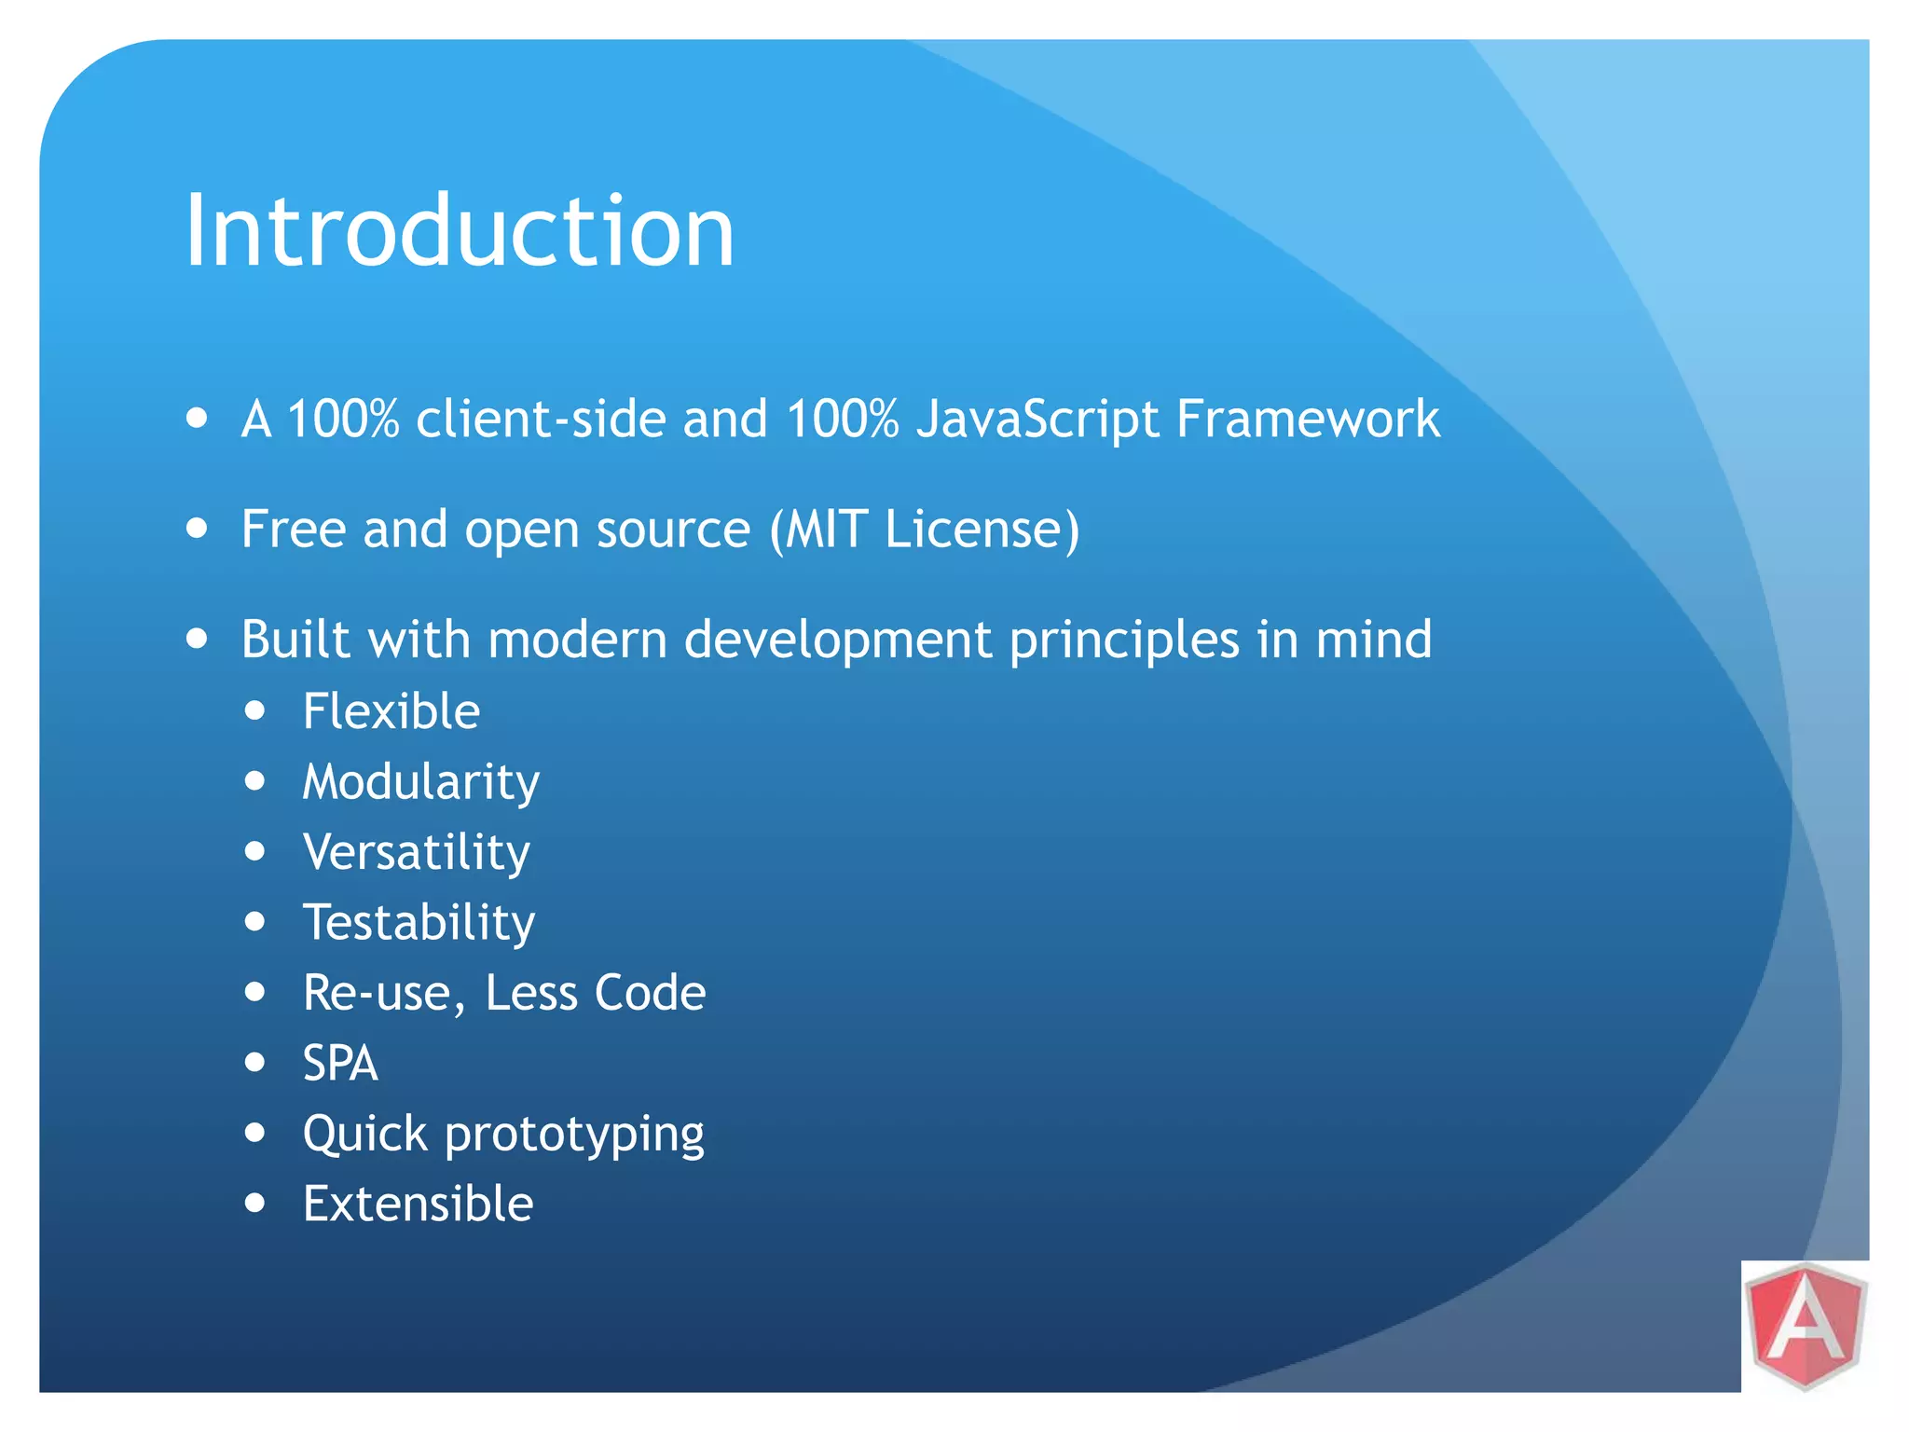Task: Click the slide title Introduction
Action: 460,230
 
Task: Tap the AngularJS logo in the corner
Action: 1806,1326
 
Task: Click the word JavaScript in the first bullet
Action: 1037,419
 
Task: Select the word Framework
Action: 1308,419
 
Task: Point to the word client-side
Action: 541,419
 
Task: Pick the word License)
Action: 982,529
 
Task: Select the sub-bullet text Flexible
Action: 391,711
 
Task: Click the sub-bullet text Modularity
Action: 421,782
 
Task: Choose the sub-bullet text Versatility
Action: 417,852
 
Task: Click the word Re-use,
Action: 384,993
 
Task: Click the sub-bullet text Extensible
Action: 418,1204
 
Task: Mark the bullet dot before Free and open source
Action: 197,529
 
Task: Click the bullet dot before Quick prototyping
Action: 255,1133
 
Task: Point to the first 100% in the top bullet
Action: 343,419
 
